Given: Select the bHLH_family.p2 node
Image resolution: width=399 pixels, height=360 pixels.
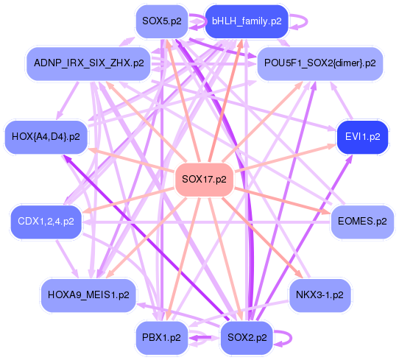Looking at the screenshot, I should (x=247, y=21).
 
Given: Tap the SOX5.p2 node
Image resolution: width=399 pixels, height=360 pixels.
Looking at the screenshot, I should (x=160, y=21).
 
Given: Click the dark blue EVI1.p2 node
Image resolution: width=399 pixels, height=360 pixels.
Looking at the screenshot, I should (x=362, y=136).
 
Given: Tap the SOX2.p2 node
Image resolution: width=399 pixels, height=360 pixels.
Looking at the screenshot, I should (x=247, y=337).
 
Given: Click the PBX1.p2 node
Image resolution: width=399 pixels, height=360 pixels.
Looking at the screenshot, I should (x=160, y=337).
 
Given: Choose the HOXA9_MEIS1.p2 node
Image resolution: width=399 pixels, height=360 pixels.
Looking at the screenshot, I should (x=88, y=294).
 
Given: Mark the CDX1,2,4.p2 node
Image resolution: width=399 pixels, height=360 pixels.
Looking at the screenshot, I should (x=46, y=220).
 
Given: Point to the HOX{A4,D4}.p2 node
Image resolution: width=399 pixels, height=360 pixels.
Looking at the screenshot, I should (x=46, y=136).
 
